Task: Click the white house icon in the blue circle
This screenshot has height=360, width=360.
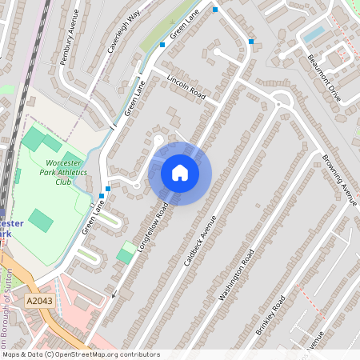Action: click(x=180, y=173)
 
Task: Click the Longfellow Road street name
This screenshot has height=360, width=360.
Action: click(x=153, y=226)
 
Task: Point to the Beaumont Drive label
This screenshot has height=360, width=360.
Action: click(x=323, y=78)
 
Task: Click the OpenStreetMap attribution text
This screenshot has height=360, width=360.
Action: click(x=80, y=354)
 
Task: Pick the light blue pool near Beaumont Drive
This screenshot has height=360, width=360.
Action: click(x=314, y=34)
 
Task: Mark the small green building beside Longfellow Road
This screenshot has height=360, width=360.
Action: click(x=126, y=253)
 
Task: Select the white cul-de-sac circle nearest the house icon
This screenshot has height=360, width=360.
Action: click(x=158, y=141)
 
